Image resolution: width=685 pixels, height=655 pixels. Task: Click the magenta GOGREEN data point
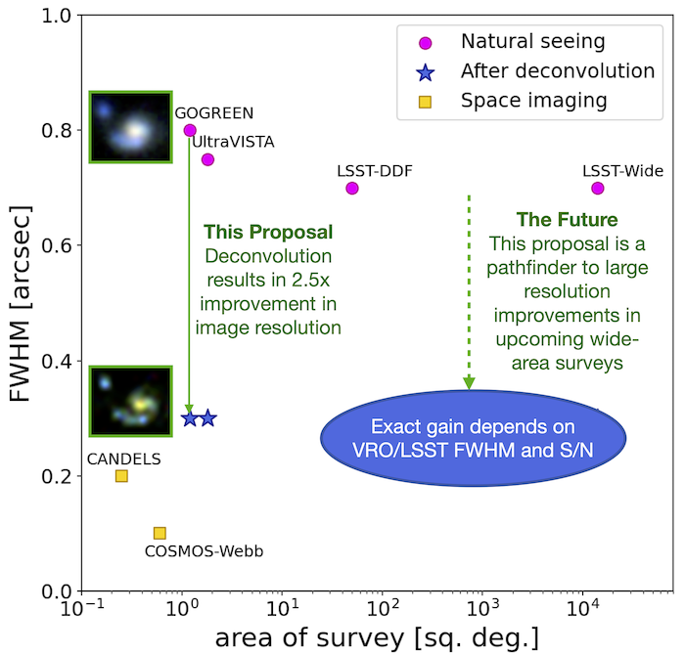click(190, 130)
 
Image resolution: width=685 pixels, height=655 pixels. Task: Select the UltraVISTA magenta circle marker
click(207, 159)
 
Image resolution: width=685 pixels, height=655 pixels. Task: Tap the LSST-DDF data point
click(352, 188)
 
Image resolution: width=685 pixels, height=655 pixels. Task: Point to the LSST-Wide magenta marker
click(598, 188)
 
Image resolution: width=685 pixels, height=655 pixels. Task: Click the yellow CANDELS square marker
click(121, 476)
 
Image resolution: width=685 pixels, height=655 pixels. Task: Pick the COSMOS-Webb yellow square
click(160, 533)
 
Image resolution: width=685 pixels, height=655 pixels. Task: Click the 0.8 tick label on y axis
click(57, 130)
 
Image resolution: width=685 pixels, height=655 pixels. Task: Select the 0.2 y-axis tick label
click(57, 476)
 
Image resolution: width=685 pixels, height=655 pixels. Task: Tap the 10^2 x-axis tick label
click(384, 607)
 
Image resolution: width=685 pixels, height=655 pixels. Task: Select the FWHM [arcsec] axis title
click(20, 303)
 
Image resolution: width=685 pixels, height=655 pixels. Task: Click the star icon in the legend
click(425, 72)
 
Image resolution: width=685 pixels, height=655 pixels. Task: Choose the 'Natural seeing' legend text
click(533, 41)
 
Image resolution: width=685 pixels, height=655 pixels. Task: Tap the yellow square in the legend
click(425, 102)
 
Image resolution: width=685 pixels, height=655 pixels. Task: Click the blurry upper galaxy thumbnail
click(131, 127)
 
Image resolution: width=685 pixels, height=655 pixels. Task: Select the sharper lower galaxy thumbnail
click(131, 401)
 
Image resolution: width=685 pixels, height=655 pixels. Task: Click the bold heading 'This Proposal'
click(268, 232)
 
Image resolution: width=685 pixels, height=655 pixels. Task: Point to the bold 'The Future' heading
click(567, 219)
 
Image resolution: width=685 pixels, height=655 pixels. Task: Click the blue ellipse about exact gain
click(473, 438)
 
